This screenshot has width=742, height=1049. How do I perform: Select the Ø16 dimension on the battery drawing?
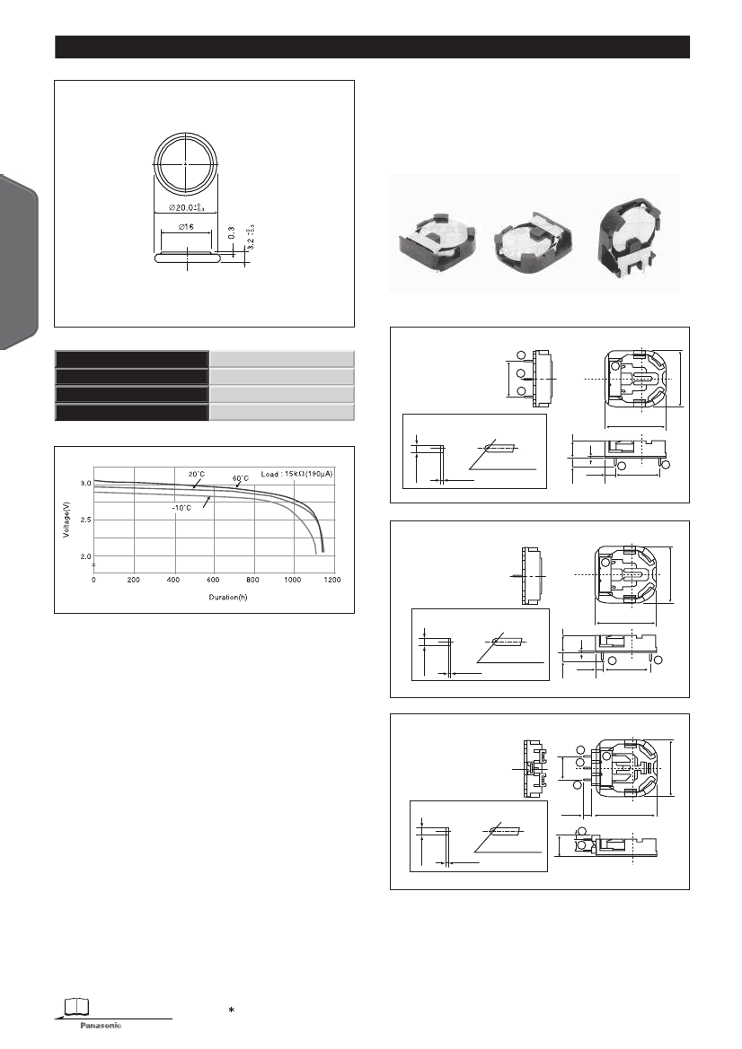[x=185, y=228]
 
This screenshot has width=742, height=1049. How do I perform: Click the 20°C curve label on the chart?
[x=197, y=474]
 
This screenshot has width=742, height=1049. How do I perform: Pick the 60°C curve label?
[x=242, y=478]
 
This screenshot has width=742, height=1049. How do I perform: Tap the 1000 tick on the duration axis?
[x=293, y=580]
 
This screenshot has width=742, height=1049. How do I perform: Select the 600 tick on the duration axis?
[x=214, y=580]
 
